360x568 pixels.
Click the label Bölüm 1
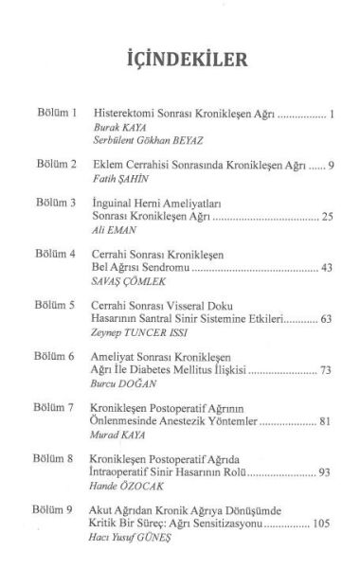point(56,113)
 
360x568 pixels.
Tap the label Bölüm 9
point(56,510)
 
